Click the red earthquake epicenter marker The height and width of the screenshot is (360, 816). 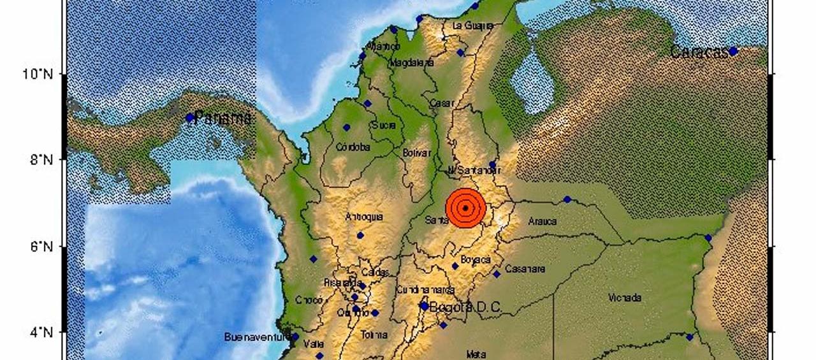tap(466, 208)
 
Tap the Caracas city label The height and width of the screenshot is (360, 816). tap(699, 53)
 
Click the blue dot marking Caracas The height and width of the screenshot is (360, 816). tap(733, 51)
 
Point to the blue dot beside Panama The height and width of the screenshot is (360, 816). tap(189, 117)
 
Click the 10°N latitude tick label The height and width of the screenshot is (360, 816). tap(38, 74)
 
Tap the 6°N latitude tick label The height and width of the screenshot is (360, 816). tap(40, 246)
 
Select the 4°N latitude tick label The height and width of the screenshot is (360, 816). tap(40, 332)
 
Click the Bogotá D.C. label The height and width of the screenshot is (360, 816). tap(465, 307)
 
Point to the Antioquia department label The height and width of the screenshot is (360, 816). tap(364, 217)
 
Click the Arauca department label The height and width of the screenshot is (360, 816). tap(543, 222)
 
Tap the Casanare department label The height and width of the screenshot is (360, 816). tap(525, 269)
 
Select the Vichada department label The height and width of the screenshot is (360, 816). tap(625, 298)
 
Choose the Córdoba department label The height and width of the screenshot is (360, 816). tap(353, 147)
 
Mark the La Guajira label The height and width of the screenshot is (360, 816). tap(472, 26)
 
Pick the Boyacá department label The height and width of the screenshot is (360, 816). tap(476, 259)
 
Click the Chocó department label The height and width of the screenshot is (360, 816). tap(309, 299)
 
